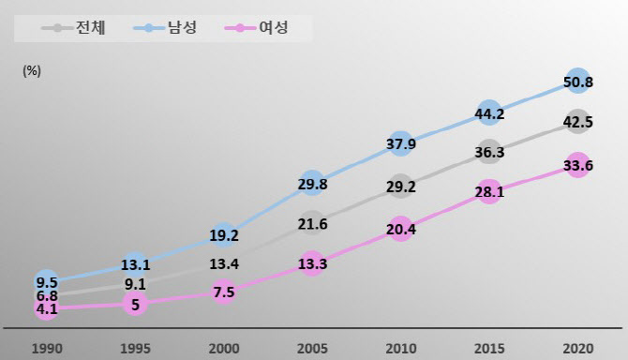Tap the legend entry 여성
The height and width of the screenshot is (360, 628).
[263, 28]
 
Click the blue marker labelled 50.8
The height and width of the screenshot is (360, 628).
[578, 82]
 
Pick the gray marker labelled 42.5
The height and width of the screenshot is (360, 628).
[578, 122]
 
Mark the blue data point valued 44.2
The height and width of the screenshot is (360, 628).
[489, 114]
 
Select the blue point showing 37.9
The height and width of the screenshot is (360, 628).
[400, 144]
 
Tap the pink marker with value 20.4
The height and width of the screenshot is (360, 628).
[400, 230]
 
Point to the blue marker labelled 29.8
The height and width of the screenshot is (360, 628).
[312, 184]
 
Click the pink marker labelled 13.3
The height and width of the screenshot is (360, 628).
[312, 264]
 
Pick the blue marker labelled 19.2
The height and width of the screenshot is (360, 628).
[223, 235]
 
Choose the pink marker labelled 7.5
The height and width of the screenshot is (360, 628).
[223, 292]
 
